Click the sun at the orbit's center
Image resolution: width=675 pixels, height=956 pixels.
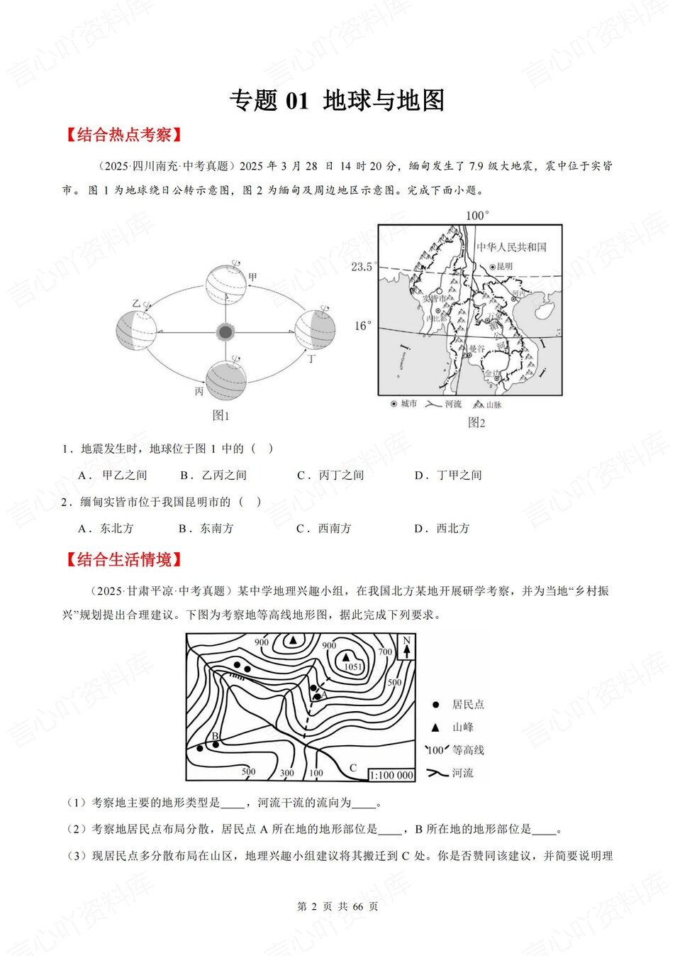pos(225,331)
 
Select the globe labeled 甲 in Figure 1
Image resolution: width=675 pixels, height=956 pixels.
pos(226,284)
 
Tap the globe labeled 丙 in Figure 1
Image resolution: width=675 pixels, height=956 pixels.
pos(226,380)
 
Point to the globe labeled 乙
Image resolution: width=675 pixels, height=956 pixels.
pos(136,330)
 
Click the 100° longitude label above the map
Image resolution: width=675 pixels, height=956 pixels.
pos(477,215)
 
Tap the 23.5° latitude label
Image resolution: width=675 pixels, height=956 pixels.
pos(362,267)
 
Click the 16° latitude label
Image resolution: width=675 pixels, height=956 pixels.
pos(362,326)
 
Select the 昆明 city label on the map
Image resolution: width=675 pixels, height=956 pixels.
pos(504,266)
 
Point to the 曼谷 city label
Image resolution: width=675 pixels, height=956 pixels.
pos(476,349)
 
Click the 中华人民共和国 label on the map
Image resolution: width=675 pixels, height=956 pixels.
pos(511,247)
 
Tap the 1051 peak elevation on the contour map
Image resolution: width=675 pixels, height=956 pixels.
pos(353,666)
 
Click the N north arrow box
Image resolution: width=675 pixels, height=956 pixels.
pos(406,647)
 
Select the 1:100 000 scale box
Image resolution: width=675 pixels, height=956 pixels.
pos(391,775)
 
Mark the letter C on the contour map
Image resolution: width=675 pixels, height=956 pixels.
pos(353,768)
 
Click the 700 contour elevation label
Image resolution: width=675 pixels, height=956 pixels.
pos(385,652)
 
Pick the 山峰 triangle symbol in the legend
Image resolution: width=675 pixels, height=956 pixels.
pos(435,727)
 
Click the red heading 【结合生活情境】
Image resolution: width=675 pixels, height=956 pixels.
pos(124,560)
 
